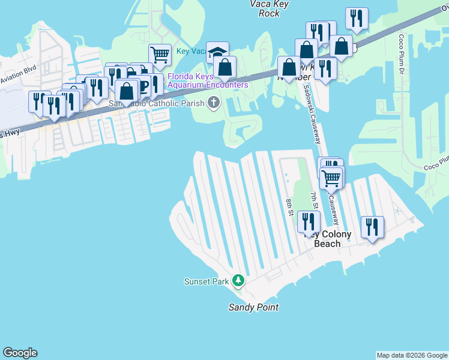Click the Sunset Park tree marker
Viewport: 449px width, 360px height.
pyautogui.click(x=238, y=281)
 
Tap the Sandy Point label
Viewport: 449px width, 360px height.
pyautogui.click(x=253, y=307)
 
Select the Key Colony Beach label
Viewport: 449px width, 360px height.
pyautogui.click(x=327, y=239)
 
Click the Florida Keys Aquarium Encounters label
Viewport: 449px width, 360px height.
pyautogui.click(x=208, y=80)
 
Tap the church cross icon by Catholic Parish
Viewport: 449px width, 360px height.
pyautogui.click(x=213, y=103)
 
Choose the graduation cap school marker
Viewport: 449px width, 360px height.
pyautogui.click(x=217, y=52)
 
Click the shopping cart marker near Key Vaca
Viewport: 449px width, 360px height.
pyautogui.click(x=160, y=55)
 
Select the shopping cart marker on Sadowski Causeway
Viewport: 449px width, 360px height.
pyautogui.click(x=331, y=178)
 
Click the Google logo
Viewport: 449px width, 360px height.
pyautogui.click(x=20, y=353)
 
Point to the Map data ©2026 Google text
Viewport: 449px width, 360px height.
pyautogui.click(x=411, y=355)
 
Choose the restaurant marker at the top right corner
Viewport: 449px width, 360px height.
pyautogui.click(x=357, y=19)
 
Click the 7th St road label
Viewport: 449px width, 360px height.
pyautogui.click(x=314, y=197)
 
